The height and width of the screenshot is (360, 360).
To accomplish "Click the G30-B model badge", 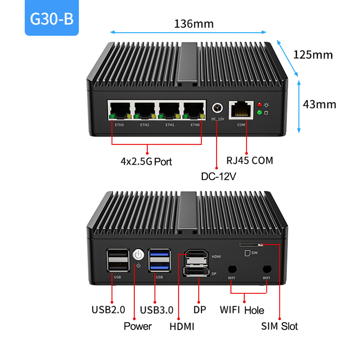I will pyautogui.click(x=52, y=18).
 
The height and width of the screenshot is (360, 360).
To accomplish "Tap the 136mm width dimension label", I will pyautogui.click(x=194, y=24).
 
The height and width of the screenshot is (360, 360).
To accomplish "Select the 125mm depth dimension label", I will pyautogui.click(x=313, y=55).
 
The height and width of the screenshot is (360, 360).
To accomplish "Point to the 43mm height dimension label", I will pyautogui.click(x=320, y=104).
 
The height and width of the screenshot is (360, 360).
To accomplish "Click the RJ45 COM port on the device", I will pyautogui.click(x=241, y=109).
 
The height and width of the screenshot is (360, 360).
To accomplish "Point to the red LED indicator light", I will pyautogui.click(x=260, y=105).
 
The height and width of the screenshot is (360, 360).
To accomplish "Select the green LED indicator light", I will pyautogui.click(x=260, y=112).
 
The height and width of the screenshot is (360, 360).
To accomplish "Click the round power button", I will pyautogui.click(x=139, y=255).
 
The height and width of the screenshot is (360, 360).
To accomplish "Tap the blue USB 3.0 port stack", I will pyautogui.click(x=159, y=261).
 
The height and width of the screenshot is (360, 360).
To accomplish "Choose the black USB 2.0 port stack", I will pyautogui.click(x=117, y=261).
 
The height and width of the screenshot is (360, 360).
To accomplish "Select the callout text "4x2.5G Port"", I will pyautogui.click(x=146, y=161).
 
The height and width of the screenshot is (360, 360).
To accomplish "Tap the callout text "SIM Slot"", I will pyautogui.click(x=279, y=326).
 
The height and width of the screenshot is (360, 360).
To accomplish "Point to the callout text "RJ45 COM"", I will pyautogui.click(x=250, y=160).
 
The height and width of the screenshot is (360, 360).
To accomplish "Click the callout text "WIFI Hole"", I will pyautogui.click(x=242, y=310).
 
